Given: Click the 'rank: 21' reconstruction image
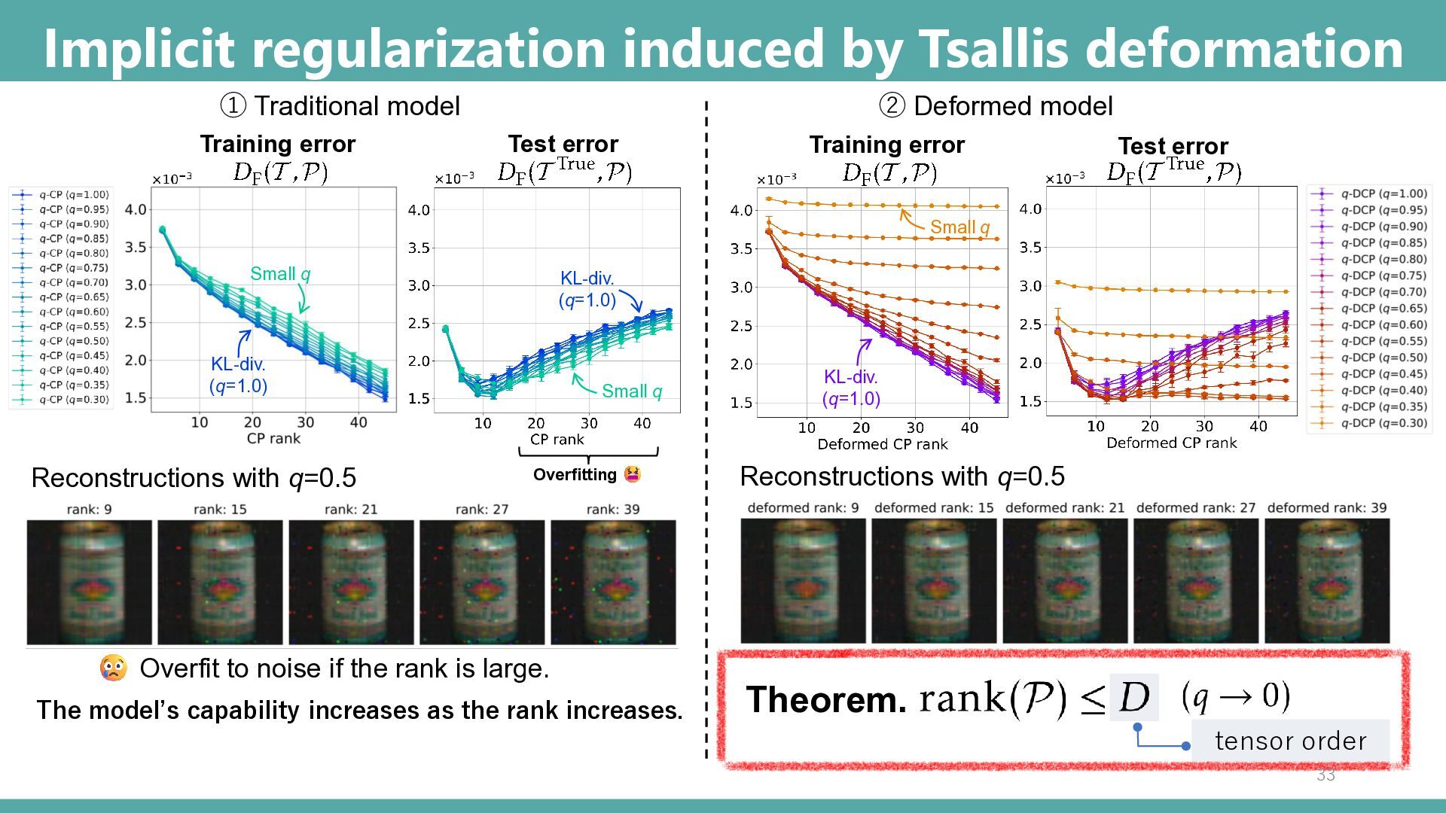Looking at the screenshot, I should coord(351,582).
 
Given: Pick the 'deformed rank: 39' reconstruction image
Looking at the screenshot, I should coord(1326,580).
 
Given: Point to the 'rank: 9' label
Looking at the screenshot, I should coord(89,510).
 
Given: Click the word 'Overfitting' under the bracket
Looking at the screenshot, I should coord(575,475).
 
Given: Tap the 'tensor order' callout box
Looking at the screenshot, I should coord(1290,741).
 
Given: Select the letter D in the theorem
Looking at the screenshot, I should coord(1134,697).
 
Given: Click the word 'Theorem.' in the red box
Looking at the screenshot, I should coord(826,699).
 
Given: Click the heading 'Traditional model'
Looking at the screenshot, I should coord(356,106).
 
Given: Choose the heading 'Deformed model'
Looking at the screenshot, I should coord(1012,106).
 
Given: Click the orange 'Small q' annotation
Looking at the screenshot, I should coord(959,227).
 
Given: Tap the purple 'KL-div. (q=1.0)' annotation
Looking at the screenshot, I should coord(851,387).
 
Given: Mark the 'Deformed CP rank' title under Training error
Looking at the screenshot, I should coord(882,444).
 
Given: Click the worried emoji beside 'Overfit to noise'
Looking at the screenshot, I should coord(113,668).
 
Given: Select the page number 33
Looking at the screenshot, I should coord(1325,775).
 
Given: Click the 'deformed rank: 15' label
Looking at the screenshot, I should coord(934,508).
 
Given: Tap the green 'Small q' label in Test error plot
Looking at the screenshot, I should coord(632,391).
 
